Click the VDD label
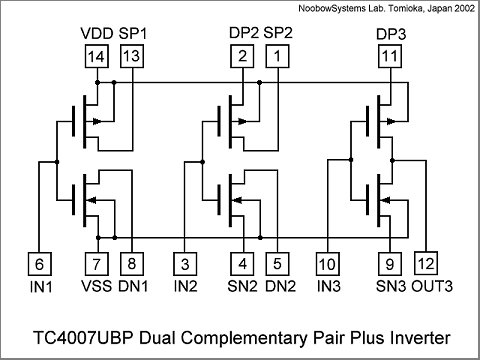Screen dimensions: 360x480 point(96,34)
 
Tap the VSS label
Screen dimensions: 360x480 point(96,287)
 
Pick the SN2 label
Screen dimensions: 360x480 point(243,287)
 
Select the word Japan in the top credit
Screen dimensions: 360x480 point(432,9)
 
